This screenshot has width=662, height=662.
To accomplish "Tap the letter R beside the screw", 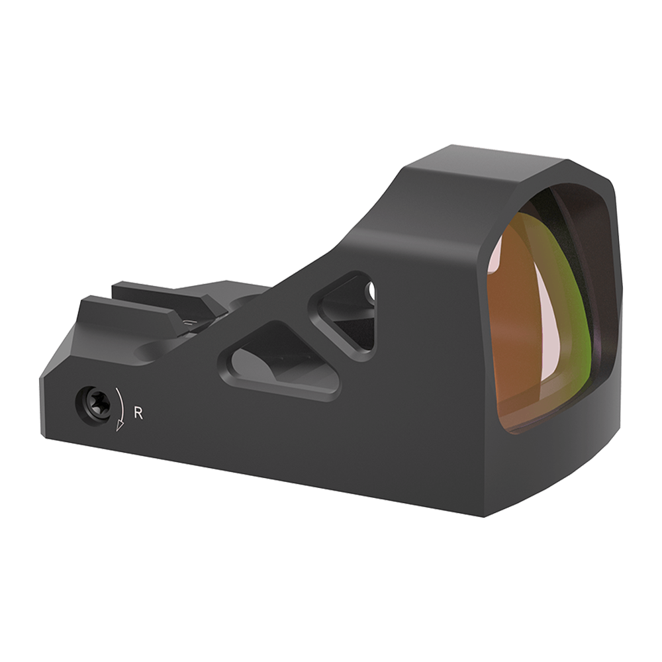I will pos(139,412).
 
